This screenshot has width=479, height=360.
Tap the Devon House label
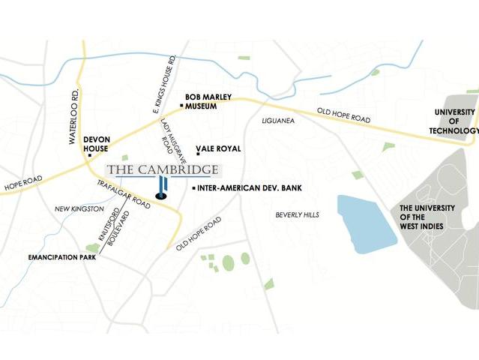click(97, 143)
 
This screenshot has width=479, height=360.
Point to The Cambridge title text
click(163, 169)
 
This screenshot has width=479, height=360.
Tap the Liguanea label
click(280, 120)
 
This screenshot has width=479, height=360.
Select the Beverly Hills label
click(297, 214)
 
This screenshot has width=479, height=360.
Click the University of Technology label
click(454, 121)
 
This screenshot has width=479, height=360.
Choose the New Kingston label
click(78, 208)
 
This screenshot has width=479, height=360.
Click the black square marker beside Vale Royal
click(198, 154)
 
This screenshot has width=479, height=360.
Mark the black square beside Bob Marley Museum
click(181, 106)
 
